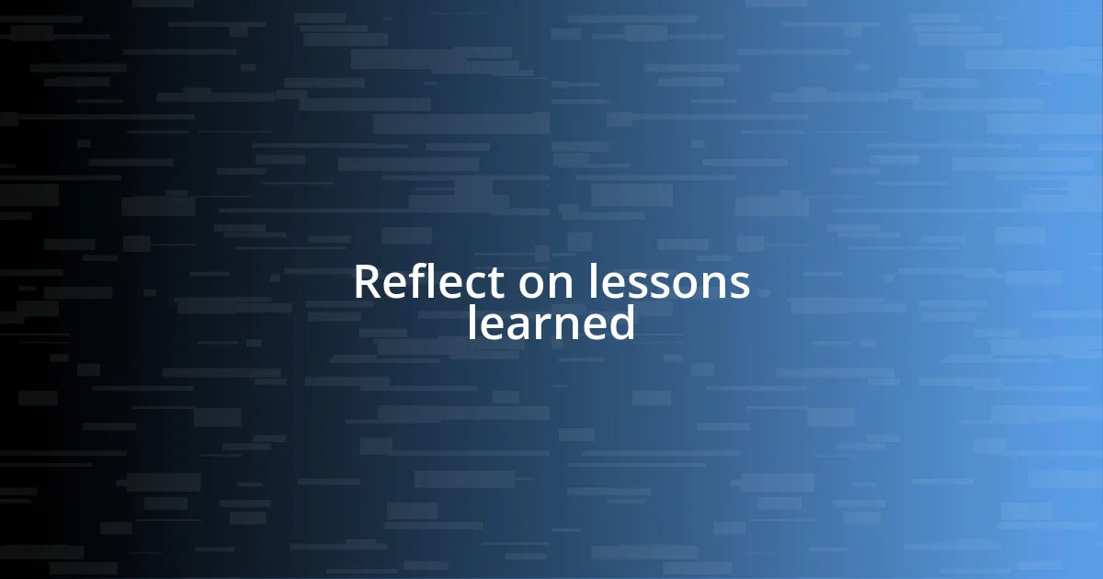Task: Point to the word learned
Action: (x=551, y=323)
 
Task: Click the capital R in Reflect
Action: (x=368, y=282)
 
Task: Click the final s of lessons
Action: (x=740, y=285)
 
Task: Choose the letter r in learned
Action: (x=545, y=325)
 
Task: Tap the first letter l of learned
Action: (x=472, y=322)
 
